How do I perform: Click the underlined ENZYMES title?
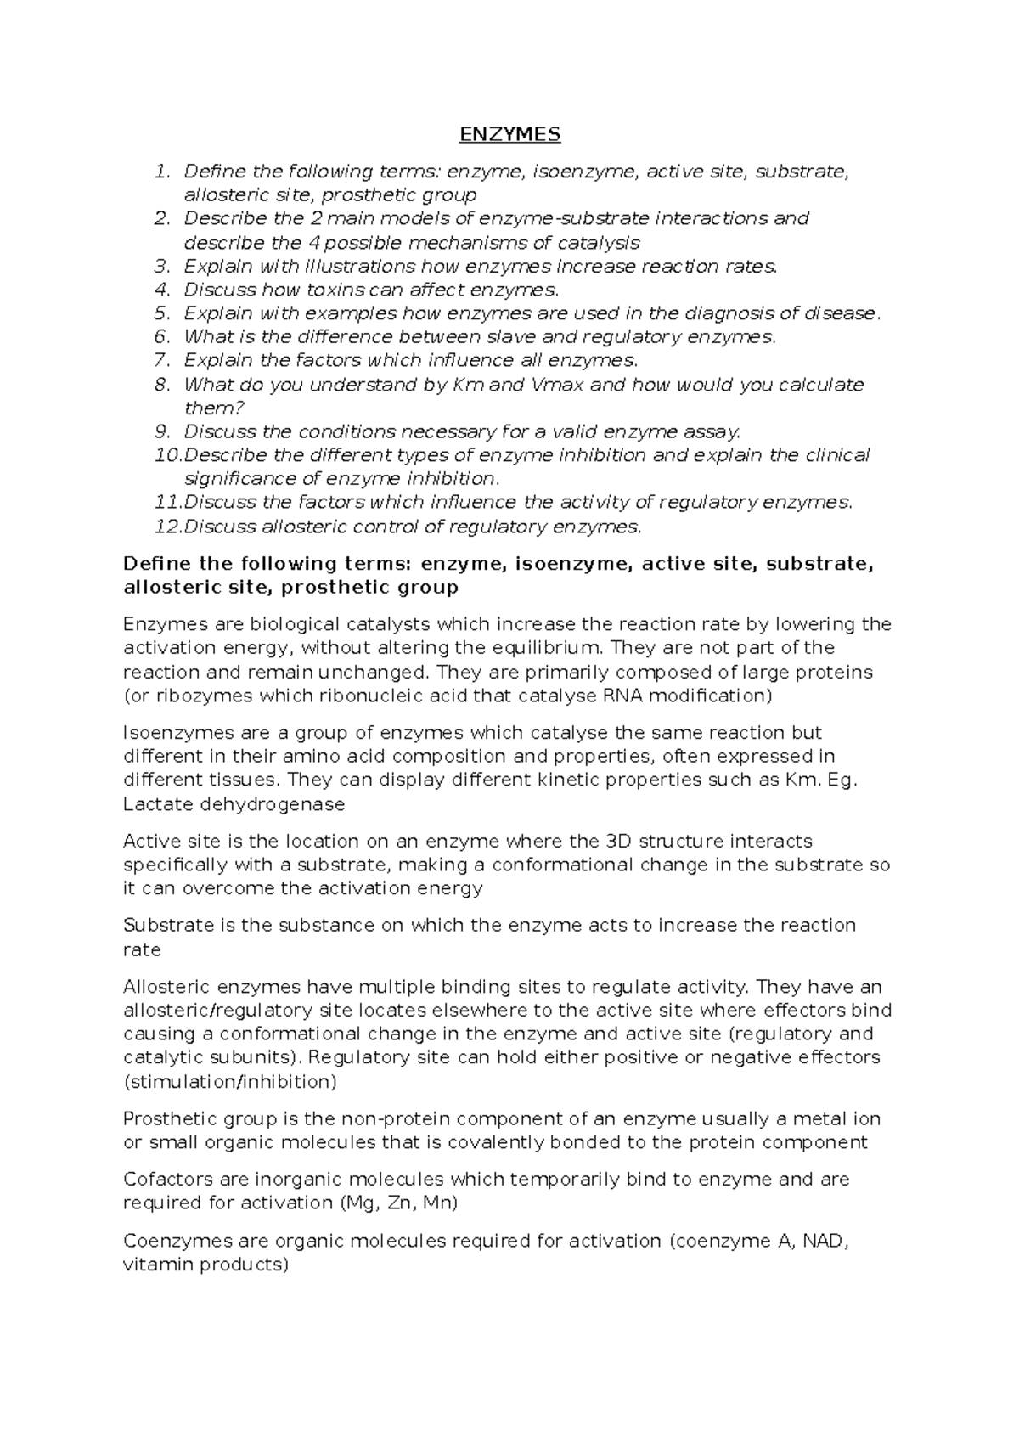(x=509, y=134)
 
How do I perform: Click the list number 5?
(x=162, y=313)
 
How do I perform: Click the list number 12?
(x=167, y=527)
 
